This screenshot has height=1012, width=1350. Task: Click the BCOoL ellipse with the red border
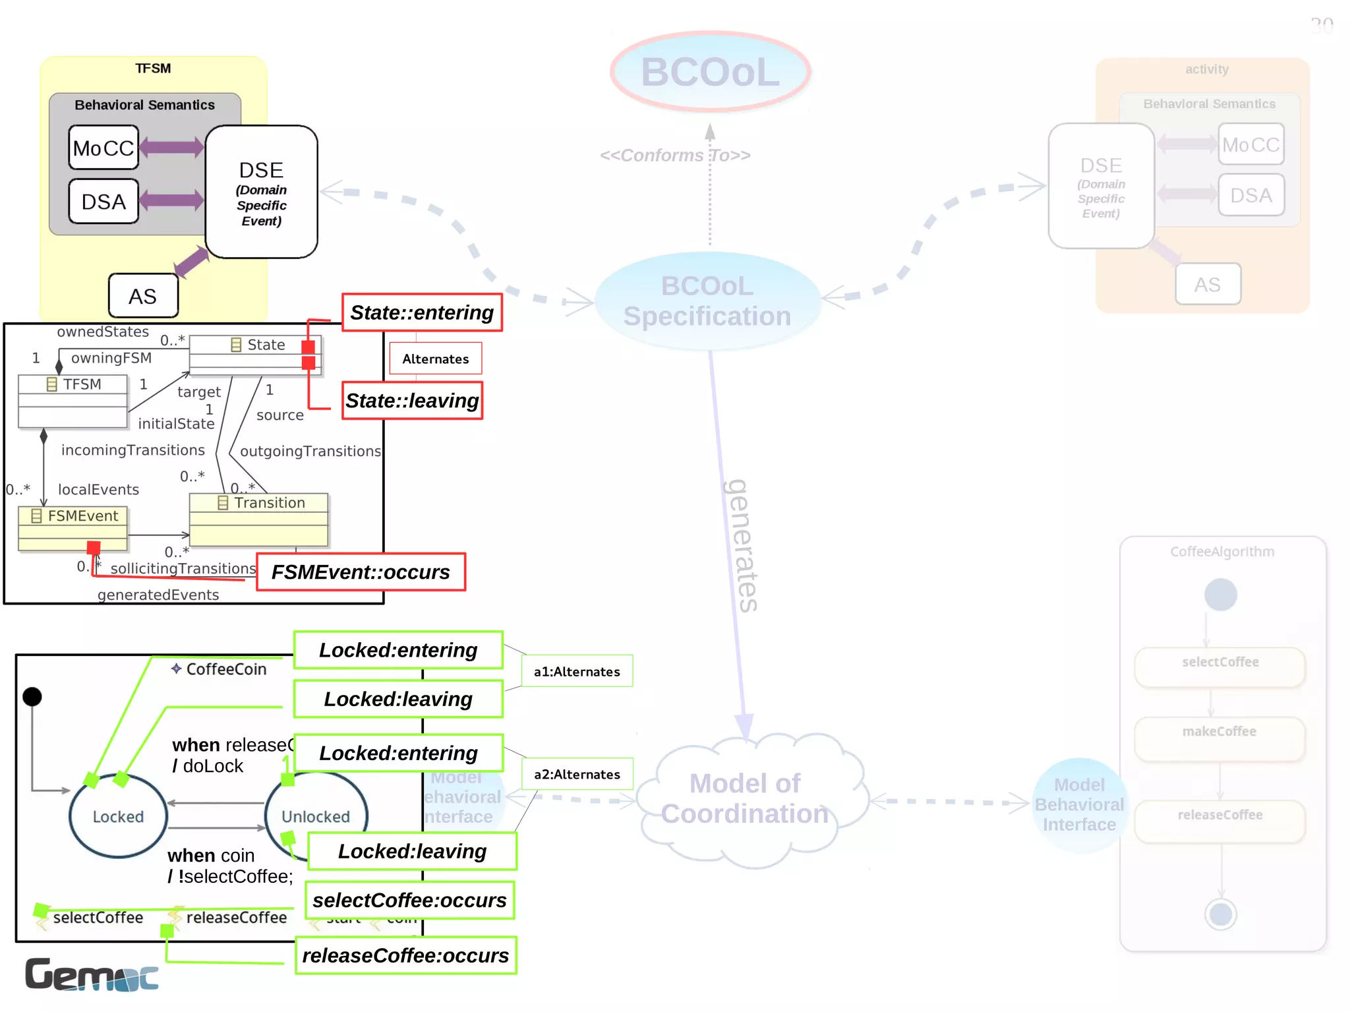click(710, 71)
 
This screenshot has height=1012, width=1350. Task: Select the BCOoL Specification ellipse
click(707, 301)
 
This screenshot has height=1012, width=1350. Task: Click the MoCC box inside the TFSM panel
click(103, 148)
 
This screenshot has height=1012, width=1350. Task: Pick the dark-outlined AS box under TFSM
click(143, 296)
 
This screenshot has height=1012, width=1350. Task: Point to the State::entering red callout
click(422, 313)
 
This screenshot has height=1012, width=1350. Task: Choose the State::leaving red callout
click(412, 401)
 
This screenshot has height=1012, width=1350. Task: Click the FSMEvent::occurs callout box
click(361, 572)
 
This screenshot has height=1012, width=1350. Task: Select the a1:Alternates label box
click(577, 671)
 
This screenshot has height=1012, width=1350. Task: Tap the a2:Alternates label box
click(577, 774)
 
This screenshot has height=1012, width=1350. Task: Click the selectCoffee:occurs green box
click(409, 900)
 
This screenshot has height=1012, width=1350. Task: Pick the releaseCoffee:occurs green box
click(405, 955)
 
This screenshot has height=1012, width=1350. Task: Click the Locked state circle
click(118, 816)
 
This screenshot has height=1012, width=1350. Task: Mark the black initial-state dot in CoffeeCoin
click(32, 696)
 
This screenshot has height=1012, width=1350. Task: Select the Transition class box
click(258, 520)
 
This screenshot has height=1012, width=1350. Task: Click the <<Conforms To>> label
click(675, 155)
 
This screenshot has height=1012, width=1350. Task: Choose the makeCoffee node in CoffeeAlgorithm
click(1219, 739)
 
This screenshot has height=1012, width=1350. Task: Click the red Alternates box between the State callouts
click(435, 359)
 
